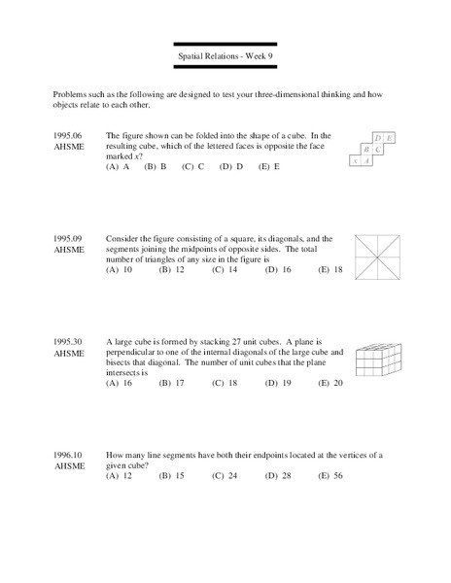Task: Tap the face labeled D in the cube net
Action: pyautogui.click(x=377, y=138)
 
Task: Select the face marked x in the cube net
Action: pyautogui.click(x=356, y=161)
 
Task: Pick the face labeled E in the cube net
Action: pyautogui.click(x=389, y=138)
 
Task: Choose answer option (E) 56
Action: pyautogui.click(x=331, y=476)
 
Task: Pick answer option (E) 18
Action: pyautogui.click(x=331, y=270)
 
